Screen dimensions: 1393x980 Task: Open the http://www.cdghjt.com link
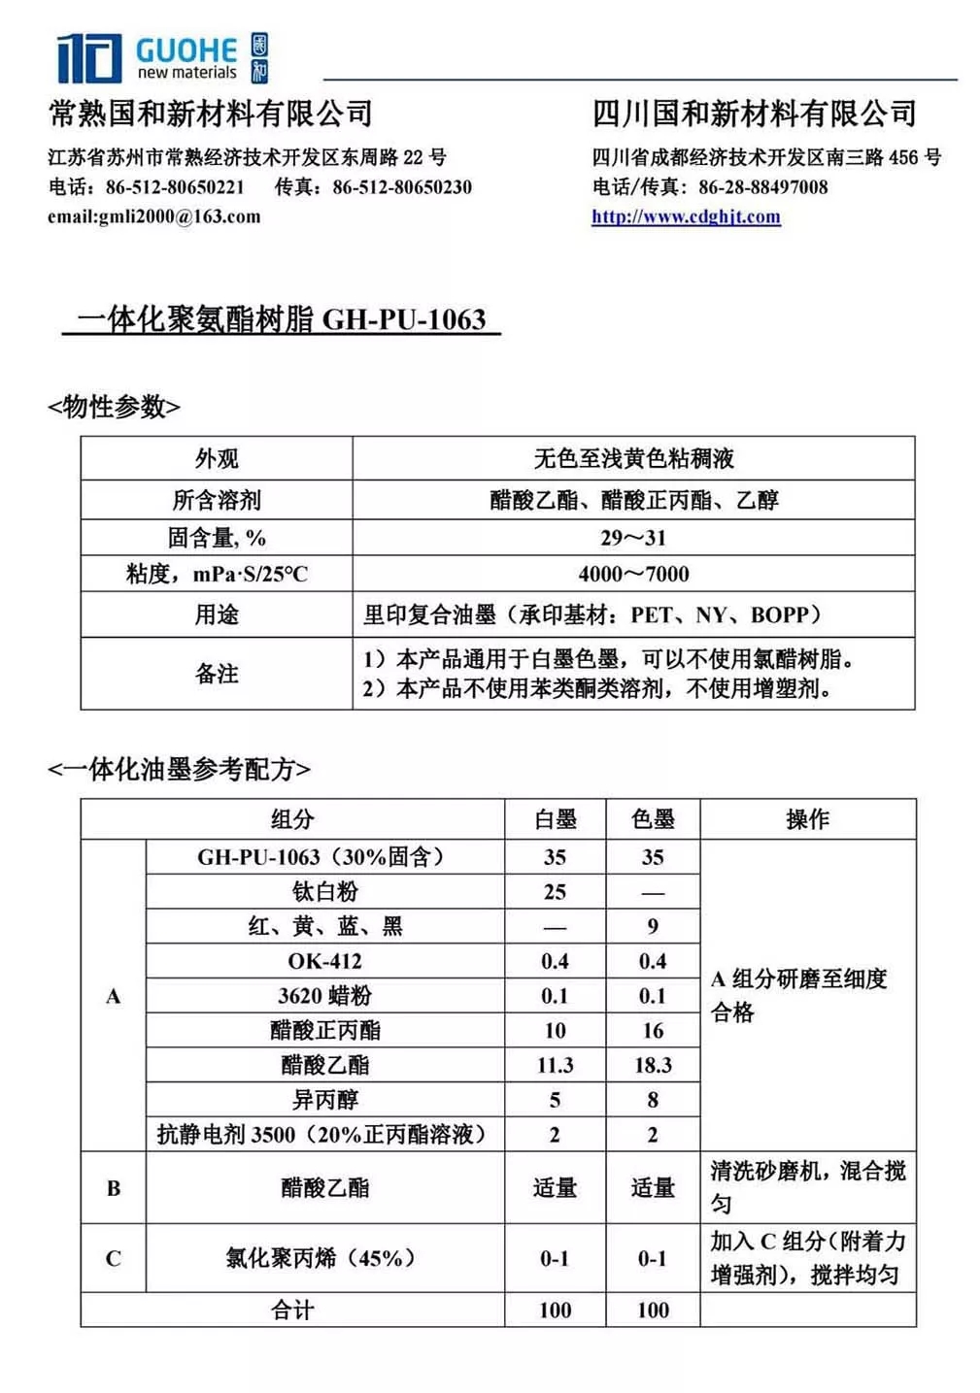(686, 216)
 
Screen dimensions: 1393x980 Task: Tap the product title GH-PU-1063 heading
(282, 319)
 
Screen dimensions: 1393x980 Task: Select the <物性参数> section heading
(114, 407)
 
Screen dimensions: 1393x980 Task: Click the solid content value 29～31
(633, 538)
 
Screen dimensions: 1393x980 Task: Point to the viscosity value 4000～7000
(633, 574)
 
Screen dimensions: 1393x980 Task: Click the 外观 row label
(217, 458)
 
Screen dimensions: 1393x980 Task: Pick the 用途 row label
(217, 614)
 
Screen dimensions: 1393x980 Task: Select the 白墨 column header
(555, 819)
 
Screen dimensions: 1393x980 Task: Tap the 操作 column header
(807, 819)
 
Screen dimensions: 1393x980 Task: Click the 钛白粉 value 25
(555, 891)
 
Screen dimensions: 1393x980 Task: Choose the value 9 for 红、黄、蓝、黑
(653, 926)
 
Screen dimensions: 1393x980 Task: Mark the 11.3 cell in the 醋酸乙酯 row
(555, 1065)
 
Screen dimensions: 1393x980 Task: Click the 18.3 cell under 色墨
(653, 1065)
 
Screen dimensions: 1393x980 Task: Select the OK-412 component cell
(324, 961)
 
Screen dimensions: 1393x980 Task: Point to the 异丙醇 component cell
(324, 1100)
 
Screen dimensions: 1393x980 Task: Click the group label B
(114, 1187)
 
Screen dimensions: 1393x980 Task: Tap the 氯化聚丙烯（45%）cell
(321, 1258)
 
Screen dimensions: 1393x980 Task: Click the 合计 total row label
(292, 1310)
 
